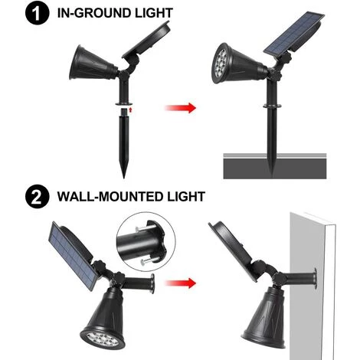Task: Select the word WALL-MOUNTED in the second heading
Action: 112,197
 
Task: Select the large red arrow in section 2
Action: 178,283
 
